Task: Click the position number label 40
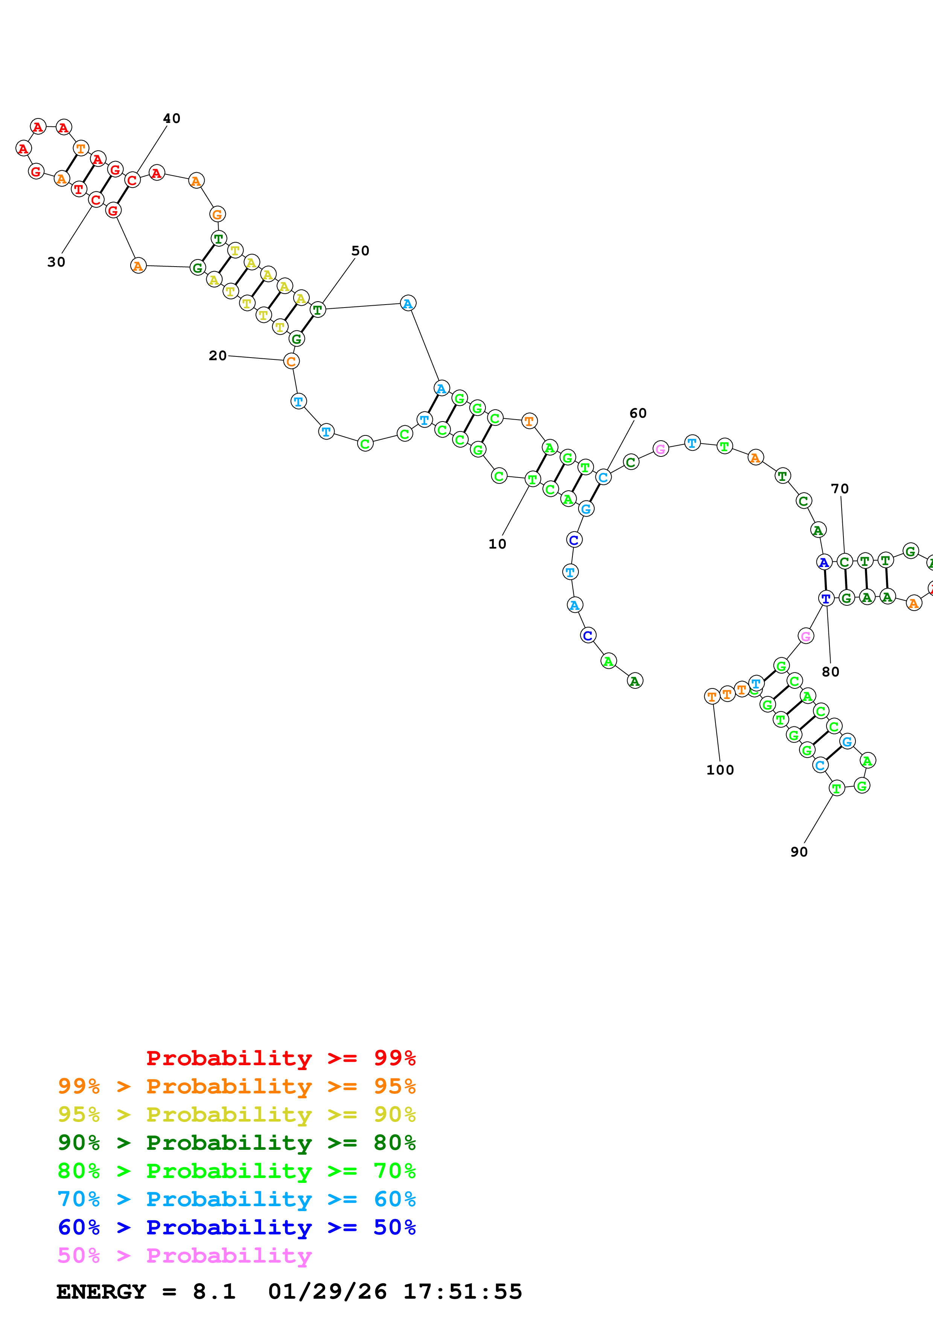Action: tap(171, 118)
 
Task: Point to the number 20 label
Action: tap(217, 356)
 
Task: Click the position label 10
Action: tap(497, 544)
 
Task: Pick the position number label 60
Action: tap(638, 413)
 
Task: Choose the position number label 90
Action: tap(799, 852)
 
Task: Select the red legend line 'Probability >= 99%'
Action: tap(280, 1058)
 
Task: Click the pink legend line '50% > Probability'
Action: tap(184, 1256)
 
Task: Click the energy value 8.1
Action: tap(214, 1292)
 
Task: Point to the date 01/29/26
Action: tap(327, 1292)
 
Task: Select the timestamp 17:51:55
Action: tap(462, 1292)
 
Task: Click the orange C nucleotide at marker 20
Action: tap(291, 361)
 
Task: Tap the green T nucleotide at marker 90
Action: tap(836, 789)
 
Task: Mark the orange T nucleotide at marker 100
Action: tap(712, 697)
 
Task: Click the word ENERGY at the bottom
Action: tap(101, 1292)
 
